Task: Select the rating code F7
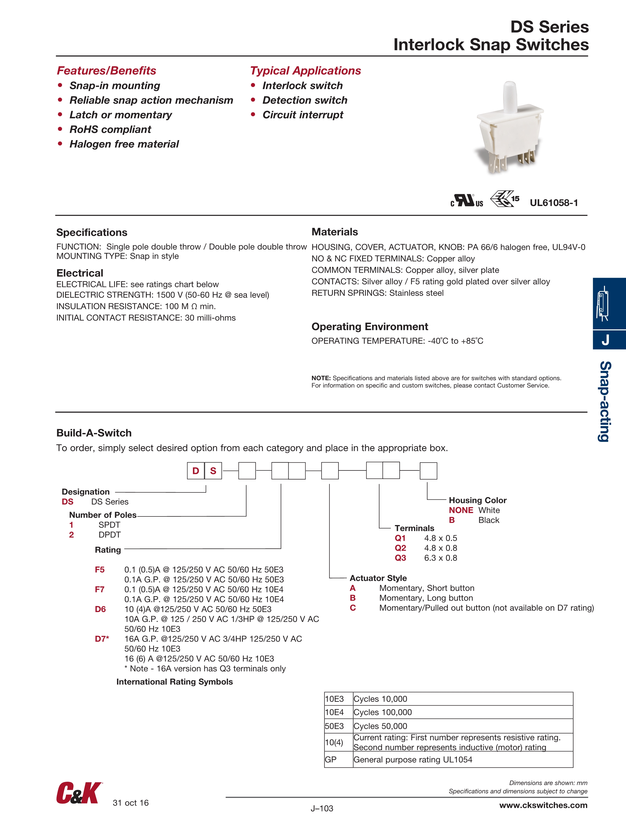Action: tap(100, 589)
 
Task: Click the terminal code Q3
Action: tap(400, 558)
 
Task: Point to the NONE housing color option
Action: tap(461, 510)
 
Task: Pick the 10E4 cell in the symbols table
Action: tap(334, 712)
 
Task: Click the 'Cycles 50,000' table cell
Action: tap(380, 726)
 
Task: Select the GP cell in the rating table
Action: tap(331, 760)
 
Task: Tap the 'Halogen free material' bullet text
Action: tap(124, 144)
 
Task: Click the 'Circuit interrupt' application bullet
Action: tap(303, 115)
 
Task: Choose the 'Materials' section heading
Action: tap(335, 232)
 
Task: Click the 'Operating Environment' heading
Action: tap(370, 327)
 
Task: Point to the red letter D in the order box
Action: tap(196, 471)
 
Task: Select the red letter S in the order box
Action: tap(213, 471)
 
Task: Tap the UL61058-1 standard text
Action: tap(554, 203)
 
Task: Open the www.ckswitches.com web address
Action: tap(543, 805)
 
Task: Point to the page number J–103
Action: tap(321, 809)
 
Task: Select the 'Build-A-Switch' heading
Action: tap(94, 433)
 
